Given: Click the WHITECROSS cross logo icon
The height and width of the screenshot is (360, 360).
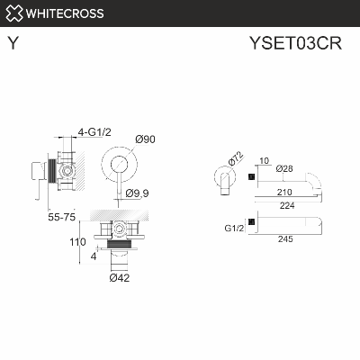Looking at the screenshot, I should [13, 13].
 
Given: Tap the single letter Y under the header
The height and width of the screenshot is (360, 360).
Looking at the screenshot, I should [12, 42].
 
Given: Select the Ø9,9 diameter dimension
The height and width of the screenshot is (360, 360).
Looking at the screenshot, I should [139, 193].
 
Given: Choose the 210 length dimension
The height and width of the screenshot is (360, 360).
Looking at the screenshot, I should [287, 192].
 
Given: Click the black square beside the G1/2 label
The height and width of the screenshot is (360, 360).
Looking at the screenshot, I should [251, 221].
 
